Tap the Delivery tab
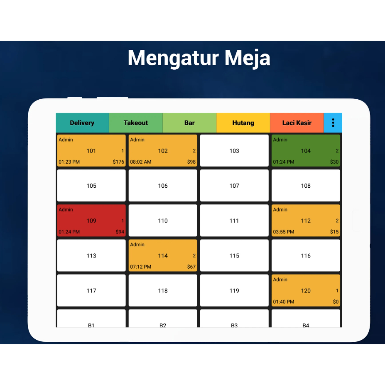pyautogui.click(x=82, y=123)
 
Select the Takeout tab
pyautogui.click(x=136, y=123)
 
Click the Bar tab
pyautogui.click(x=189, y=123)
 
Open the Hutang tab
pyautogui.click(x=243, y=123)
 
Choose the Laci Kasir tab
pyautogui.click(x=297, y=123)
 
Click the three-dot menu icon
pyautogui.click(x=333, y=123)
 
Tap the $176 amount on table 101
pyautogui.click(x=118, y=162)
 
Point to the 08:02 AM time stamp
pyautogui.click(x=141, y=162)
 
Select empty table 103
pyautogui.click(x=234, y=150)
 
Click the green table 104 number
pyautogui.click(x=306, y=151)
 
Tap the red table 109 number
pyautogui.click(x=91, y=221)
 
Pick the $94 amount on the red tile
pyautogui.click(x=120, y=232)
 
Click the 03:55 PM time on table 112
pyautogui.click(x=284, y=232)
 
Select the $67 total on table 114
pyautogui.click(x=191, y=267)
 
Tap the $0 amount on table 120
pyautogui.click(x=336, y=302)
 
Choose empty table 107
pyautogui.click(x=234, y=186)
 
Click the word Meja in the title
pyautogui.click(x=247, y=58)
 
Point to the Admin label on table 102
pyautogui.click(x=137, y=140)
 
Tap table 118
pyautogui.click(x=163, y=290)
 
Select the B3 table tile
pyautogui.click(x=234, y=319)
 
